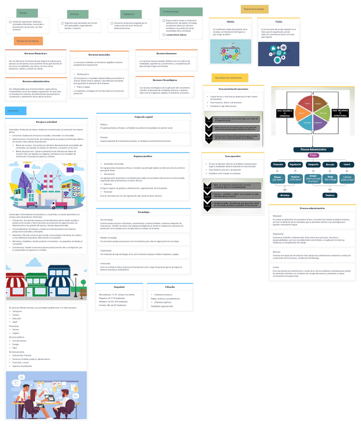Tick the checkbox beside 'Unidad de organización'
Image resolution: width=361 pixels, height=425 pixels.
10,22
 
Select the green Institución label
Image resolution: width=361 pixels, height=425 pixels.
77,14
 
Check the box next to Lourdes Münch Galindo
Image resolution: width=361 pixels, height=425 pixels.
163,35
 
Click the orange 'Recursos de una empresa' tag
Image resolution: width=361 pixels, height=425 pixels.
28,41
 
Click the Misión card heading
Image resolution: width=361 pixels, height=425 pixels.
230,22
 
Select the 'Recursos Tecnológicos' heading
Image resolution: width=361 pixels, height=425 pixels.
165,80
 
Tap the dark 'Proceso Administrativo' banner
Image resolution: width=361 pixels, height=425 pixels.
313,149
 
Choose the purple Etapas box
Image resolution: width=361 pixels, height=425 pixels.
313,156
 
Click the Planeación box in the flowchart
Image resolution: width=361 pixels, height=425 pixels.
278,164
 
